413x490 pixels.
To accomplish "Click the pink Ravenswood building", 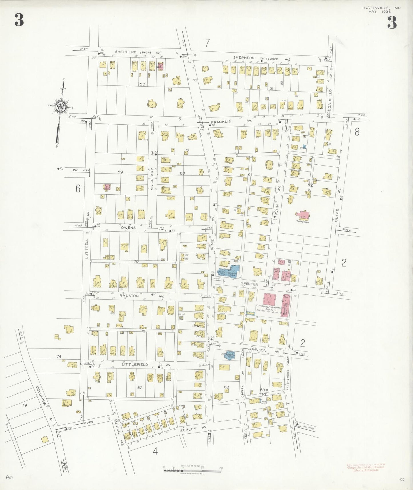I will (304, 215).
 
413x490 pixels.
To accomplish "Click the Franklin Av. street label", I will (231, 121).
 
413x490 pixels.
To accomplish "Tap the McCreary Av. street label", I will (152, 179).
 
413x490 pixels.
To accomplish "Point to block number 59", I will (120, 172).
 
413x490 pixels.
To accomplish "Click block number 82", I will (140, 388).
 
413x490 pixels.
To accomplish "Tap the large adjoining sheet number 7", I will (207, 43).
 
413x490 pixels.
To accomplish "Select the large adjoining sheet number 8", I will (357, 132).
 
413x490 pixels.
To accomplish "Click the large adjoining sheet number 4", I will (155, 451).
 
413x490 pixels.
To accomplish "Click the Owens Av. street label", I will (127, 228).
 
